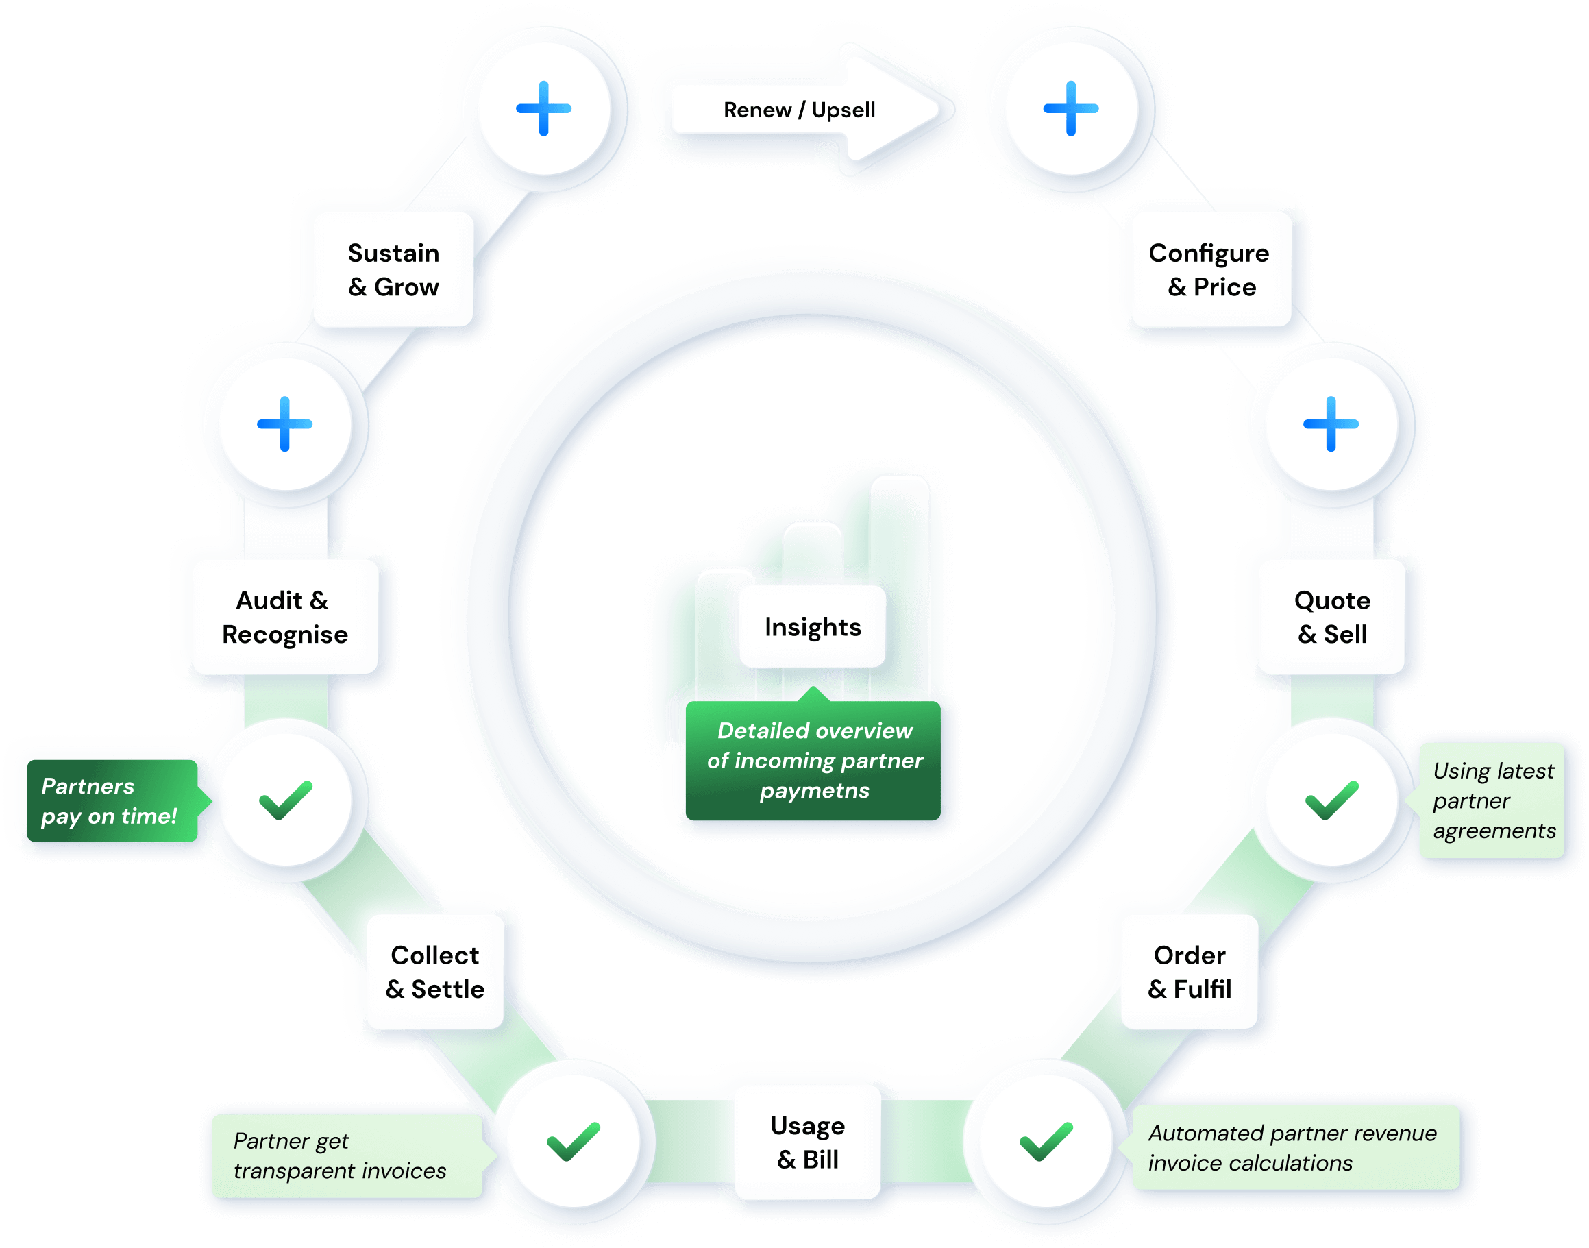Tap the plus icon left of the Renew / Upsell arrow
point(543,108)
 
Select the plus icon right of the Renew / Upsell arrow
point(1070,108)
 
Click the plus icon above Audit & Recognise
point(285,424)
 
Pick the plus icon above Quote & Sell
point(1331,424)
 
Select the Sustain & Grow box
point(394,269)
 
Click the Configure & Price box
point(1210,269)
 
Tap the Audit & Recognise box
point(284,617)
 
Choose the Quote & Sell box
point(1332,617)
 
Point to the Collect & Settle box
point(435,972)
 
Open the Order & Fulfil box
point(1190,972)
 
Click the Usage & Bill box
point(807,1142)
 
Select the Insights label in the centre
point(813,627)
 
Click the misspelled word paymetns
point(815,791)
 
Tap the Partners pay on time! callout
point(111,801)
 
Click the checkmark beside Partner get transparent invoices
point(574,1140)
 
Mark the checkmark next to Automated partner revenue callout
point(1046,1140)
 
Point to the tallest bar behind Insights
point(900,533)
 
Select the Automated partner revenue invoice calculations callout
point(1293,1148)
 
